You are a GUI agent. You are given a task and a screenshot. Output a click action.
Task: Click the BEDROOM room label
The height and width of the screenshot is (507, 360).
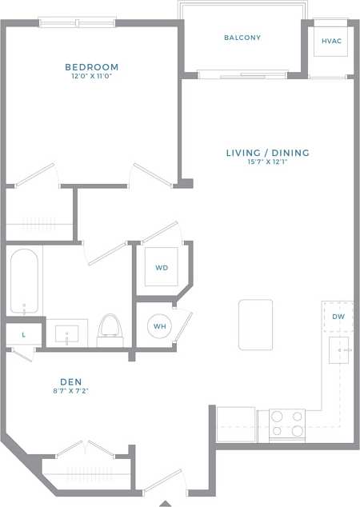click(92, 67)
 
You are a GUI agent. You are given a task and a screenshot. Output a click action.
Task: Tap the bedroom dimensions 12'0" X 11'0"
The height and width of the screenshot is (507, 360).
click(92, 78)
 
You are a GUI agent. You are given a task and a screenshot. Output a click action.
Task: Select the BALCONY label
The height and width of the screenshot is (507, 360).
click(242, 38)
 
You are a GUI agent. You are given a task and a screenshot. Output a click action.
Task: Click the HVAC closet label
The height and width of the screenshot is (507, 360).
click(330, 41)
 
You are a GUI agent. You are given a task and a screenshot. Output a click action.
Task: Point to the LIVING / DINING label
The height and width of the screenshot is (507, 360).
click(267, 153)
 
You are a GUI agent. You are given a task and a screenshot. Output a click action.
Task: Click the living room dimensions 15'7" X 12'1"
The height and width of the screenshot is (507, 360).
click(267, 163)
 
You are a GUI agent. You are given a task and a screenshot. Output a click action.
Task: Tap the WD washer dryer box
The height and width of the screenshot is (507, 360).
click(162, 268)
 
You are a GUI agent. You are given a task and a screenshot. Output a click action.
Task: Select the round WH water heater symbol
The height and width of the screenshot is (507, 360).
click(159, 326)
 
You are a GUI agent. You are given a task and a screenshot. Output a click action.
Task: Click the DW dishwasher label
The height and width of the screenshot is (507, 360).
click(338, 317)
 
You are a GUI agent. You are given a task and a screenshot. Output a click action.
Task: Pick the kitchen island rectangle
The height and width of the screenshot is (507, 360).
click(255, 324)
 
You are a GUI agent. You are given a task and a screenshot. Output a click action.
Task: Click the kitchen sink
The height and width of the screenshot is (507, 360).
click(341, 350)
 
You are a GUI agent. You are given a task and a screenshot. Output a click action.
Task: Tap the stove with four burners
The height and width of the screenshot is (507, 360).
click(286, 423)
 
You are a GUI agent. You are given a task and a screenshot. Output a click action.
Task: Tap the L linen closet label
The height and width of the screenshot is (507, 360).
click(23, 334)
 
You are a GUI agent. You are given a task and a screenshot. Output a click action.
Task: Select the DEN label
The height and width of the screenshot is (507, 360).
click(70, 382)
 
